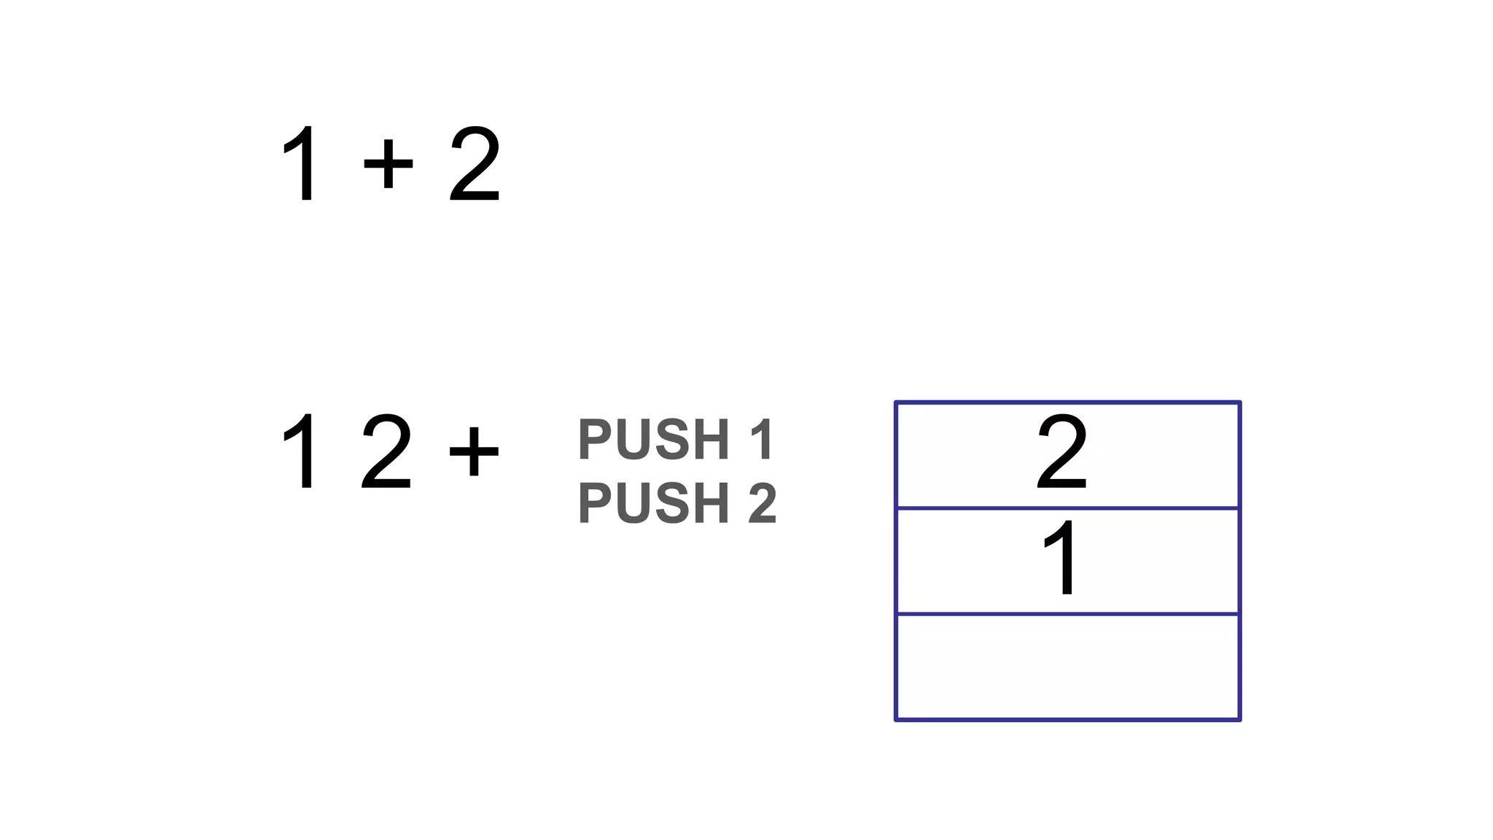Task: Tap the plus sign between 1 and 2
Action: click(388, 163)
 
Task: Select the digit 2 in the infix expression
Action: click(475, 164)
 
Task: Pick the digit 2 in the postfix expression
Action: click(386, 451)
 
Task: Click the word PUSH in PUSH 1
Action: click(654, 440)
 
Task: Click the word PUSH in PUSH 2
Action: click(654, 503)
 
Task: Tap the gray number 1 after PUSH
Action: click(763, 440)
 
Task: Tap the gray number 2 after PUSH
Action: click(763, 503)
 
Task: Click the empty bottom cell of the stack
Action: click(1067, 667)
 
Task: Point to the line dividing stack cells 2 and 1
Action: click(1067, 507)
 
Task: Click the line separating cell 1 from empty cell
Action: click(1067, 614)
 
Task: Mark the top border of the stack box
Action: click(1067, 402)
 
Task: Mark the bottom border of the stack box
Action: click(1067, 720)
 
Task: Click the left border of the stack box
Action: click(896, 561)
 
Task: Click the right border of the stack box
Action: click(1239, 561)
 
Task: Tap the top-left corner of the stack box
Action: click(896, 402)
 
